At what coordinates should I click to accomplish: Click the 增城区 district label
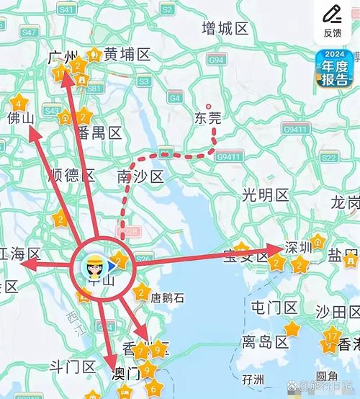coord(225,29)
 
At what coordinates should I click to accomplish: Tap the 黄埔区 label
coord(127,54)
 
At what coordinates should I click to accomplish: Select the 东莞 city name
coord(209,118)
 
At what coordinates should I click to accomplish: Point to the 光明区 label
coord(265,194)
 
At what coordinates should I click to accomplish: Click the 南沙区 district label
coord(140,176)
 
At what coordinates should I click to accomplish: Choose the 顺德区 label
coord(71,175)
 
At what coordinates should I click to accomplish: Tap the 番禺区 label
coord(99,133)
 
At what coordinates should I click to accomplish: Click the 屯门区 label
coord(274,308)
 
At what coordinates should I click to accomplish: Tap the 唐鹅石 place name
coord(167,297)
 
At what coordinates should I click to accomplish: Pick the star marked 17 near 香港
coord(331,336)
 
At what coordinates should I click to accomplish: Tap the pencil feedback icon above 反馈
coord(332,13)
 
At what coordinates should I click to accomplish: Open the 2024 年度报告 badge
coord(335,69)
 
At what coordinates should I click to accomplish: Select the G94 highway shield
coord(217,61)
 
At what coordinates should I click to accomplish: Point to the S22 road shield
coord(330,157)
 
